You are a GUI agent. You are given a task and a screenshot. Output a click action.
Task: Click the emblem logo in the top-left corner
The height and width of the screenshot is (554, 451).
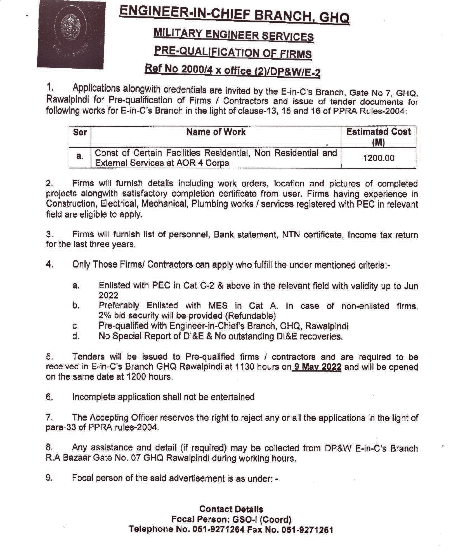click(71, 34)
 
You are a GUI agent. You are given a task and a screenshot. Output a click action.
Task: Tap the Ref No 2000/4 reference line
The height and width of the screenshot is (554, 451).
click(232, 70)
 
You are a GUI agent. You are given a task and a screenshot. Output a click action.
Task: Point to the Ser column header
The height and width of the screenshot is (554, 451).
click(80, 132)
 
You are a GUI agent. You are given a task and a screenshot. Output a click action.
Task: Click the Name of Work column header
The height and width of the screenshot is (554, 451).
click(216, 132)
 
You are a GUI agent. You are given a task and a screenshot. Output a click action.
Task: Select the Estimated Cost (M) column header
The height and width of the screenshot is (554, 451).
click(378, 137)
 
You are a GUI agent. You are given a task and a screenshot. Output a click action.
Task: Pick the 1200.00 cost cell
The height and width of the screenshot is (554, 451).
click(379, 158)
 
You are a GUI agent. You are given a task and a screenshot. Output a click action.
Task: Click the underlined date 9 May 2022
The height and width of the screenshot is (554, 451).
click(318, 367)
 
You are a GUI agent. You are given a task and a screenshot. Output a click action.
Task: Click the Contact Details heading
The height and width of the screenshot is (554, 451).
click(231, 509)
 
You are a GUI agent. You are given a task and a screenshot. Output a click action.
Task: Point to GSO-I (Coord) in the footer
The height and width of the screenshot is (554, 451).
click(262, 519)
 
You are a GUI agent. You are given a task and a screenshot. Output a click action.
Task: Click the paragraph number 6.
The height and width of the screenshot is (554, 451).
click(49, 397)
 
